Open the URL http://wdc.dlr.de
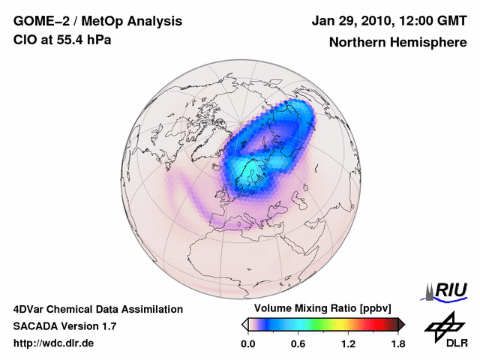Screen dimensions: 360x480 click(x=53, y=343)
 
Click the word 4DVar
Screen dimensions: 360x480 click(x=31, y=309)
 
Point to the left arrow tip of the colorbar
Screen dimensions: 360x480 click(x=244, y=324)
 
